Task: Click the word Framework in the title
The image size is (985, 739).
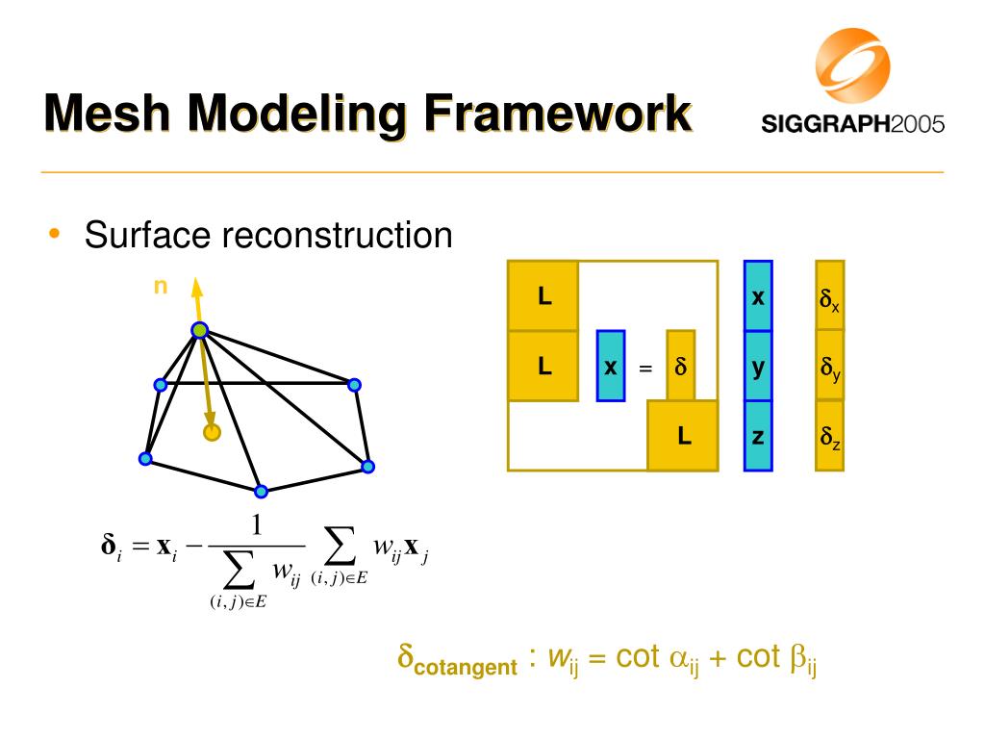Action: pyautogui.click(x=559, y=115)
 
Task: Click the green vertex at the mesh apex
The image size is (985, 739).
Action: pyautogui.click(x=199, y=331)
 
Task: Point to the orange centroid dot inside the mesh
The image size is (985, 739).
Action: pyautogui.click(x=212, y=432)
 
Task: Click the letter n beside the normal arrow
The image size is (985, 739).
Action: pyautogui.click(x=161, y=285)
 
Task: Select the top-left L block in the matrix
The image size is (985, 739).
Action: pyautogui.click(x=543, y=296)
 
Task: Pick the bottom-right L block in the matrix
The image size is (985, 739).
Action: pyautogui.click(x=684, y=436)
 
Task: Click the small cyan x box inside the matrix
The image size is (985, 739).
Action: pyautogui.click(x=611, y=366)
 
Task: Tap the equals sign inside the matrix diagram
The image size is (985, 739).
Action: pyautogui.click(x=645, y=369)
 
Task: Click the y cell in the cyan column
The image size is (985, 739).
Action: pyautogui.click(x=758, y=367)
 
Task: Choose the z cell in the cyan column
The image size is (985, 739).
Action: pyautogui.click(x=758, y=436)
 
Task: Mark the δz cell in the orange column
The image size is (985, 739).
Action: pyautogui.click(x=829, y=438)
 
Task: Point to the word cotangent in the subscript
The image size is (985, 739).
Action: pyautogui.click(x=466, y=667)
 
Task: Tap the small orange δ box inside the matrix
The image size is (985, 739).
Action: pyautogui.click(x=680, y=366)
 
